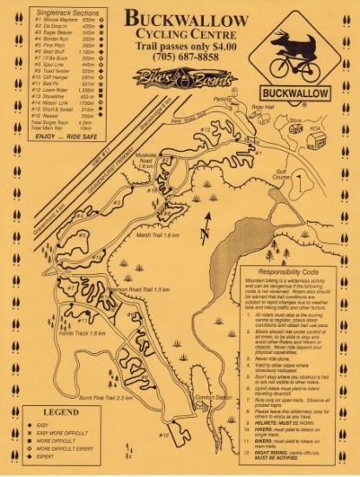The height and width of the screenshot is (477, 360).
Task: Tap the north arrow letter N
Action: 202,233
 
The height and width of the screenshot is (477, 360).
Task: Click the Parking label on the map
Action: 224,99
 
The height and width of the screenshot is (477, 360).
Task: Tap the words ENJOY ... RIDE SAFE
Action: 61,135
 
